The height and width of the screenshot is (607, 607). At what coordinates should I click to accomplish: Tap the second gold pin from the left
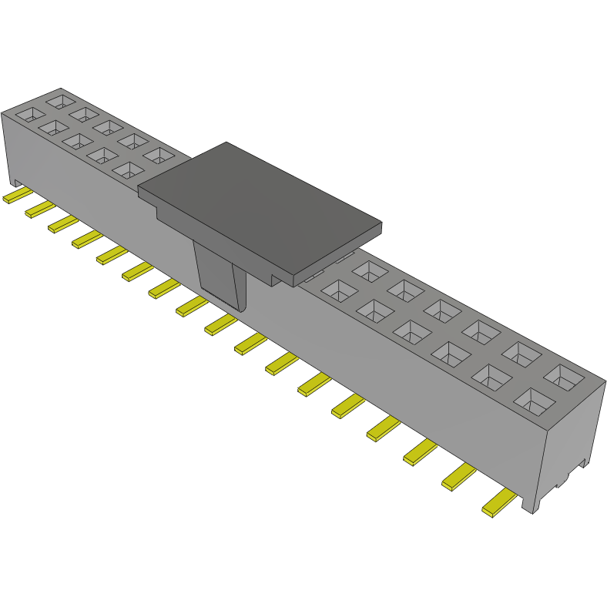click(x=40, y=209)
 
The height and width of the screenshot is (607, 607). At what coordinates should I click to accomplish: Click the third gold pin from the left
click(x=63, y=223)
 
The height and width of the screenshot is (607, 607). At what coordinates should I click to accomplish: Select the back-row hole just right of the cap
click(x=371, y=270)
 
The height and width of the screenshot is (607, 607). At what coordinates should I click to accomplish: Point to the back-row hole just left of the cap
click(x=158, y=156)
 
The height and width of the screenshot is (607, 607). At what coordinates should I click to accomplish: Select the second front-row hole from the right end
click(x=491, y=377)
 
